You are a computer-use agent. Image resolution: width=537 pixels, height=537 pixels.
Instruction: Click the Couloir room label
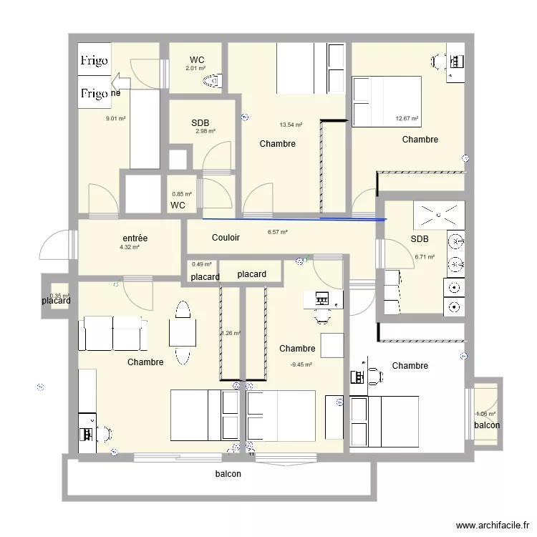226,238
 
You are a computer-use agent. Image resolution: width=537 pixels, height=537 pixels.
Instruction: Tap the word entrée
135,238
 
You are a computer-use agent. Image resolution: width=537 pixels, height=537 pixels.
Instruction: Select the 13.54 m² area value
291,125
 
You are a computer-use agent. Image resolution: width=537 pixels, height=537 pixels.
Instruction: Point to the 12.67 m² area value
407,119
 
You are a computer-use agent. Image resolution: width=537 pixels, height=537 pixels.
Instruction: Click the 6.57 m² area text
277,232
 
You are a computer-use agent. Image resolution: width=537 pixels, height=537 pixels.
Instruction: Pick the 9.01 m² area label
116,119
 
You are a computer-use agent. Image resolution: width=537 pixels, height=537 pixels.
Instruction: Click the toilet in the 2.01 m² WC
213,81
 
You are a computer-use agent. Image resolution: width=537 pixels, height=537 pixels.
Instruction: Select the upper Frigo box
95,61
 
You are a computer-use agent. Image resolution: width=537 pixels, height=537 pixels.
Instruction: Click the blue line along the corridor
294,219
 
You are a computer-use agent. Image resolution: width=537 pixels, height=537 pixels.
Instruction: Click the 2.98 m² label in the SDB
205,131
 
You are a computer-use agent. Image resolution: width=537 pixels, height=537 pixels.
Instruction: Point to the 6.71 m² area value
425,256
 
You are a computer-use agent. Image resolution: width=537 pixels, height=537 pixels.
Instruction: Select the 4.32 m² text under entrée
129,247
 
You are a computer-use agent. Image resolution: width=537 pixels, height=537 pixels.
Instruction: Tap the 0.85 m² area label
182,194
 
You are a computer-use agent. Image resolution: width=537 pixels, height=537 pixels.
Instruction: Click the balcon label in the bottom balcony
228,474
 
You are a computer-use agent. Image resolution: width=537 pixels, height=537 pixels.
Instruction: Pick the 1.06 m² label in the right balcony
486,414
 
